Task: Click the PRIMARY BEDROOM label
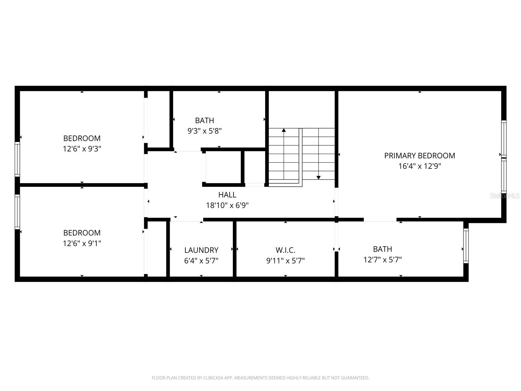[419, 156]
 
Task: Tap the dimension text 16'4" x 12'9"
[419, 166]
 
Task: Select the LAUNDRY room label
[201, 250]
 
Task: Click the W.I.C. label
[285, 250]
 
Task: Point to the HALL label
[227, 195]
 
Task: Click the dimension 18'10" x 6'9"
[227, 205]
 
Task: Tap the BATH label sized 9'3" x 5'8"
[204, 121]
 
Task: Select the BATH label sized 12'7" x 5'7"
[382, 249]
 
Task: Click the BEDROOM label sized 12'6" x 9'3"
[82, 138]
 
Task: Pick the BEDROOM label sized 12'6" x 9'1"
[82, 233]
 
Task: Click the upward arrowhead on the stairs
[284, 130]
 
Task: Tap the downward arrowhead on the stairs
[318, 178]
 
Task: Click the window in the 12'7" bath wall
[466, 246]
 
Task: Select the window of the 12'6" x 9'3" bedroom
[17, 159]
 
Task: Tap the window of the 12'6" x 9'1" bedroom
[17, 212]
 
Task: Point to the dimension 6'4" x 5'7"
[201, 261]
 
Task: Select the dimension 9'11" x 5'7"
[285, 261]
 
